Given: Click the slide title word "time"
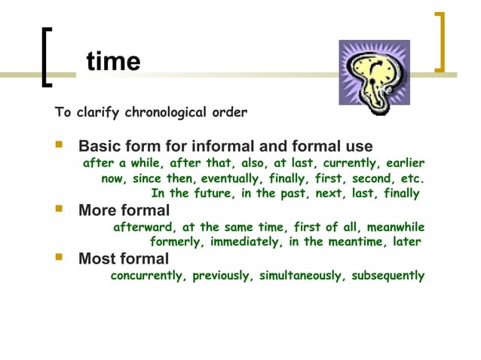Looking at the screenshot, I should [x=113, y=61].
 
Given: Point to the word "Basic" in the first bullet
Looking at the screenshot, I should [x=101, y=145].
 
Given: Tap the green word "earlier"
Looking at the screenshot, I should [x=406, y=163].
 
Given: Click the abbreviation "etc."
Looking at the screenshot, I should [x=411, y=179].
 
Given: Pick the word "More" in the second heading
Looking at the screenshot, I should [x=99, y=210].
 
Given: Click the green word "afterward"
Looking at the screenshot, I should [x=144, y=227].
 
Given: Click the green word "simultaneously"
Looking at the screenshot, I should [x=299, y=276].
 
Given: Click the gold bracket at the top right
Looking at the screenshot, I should [x=440, y=41].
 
